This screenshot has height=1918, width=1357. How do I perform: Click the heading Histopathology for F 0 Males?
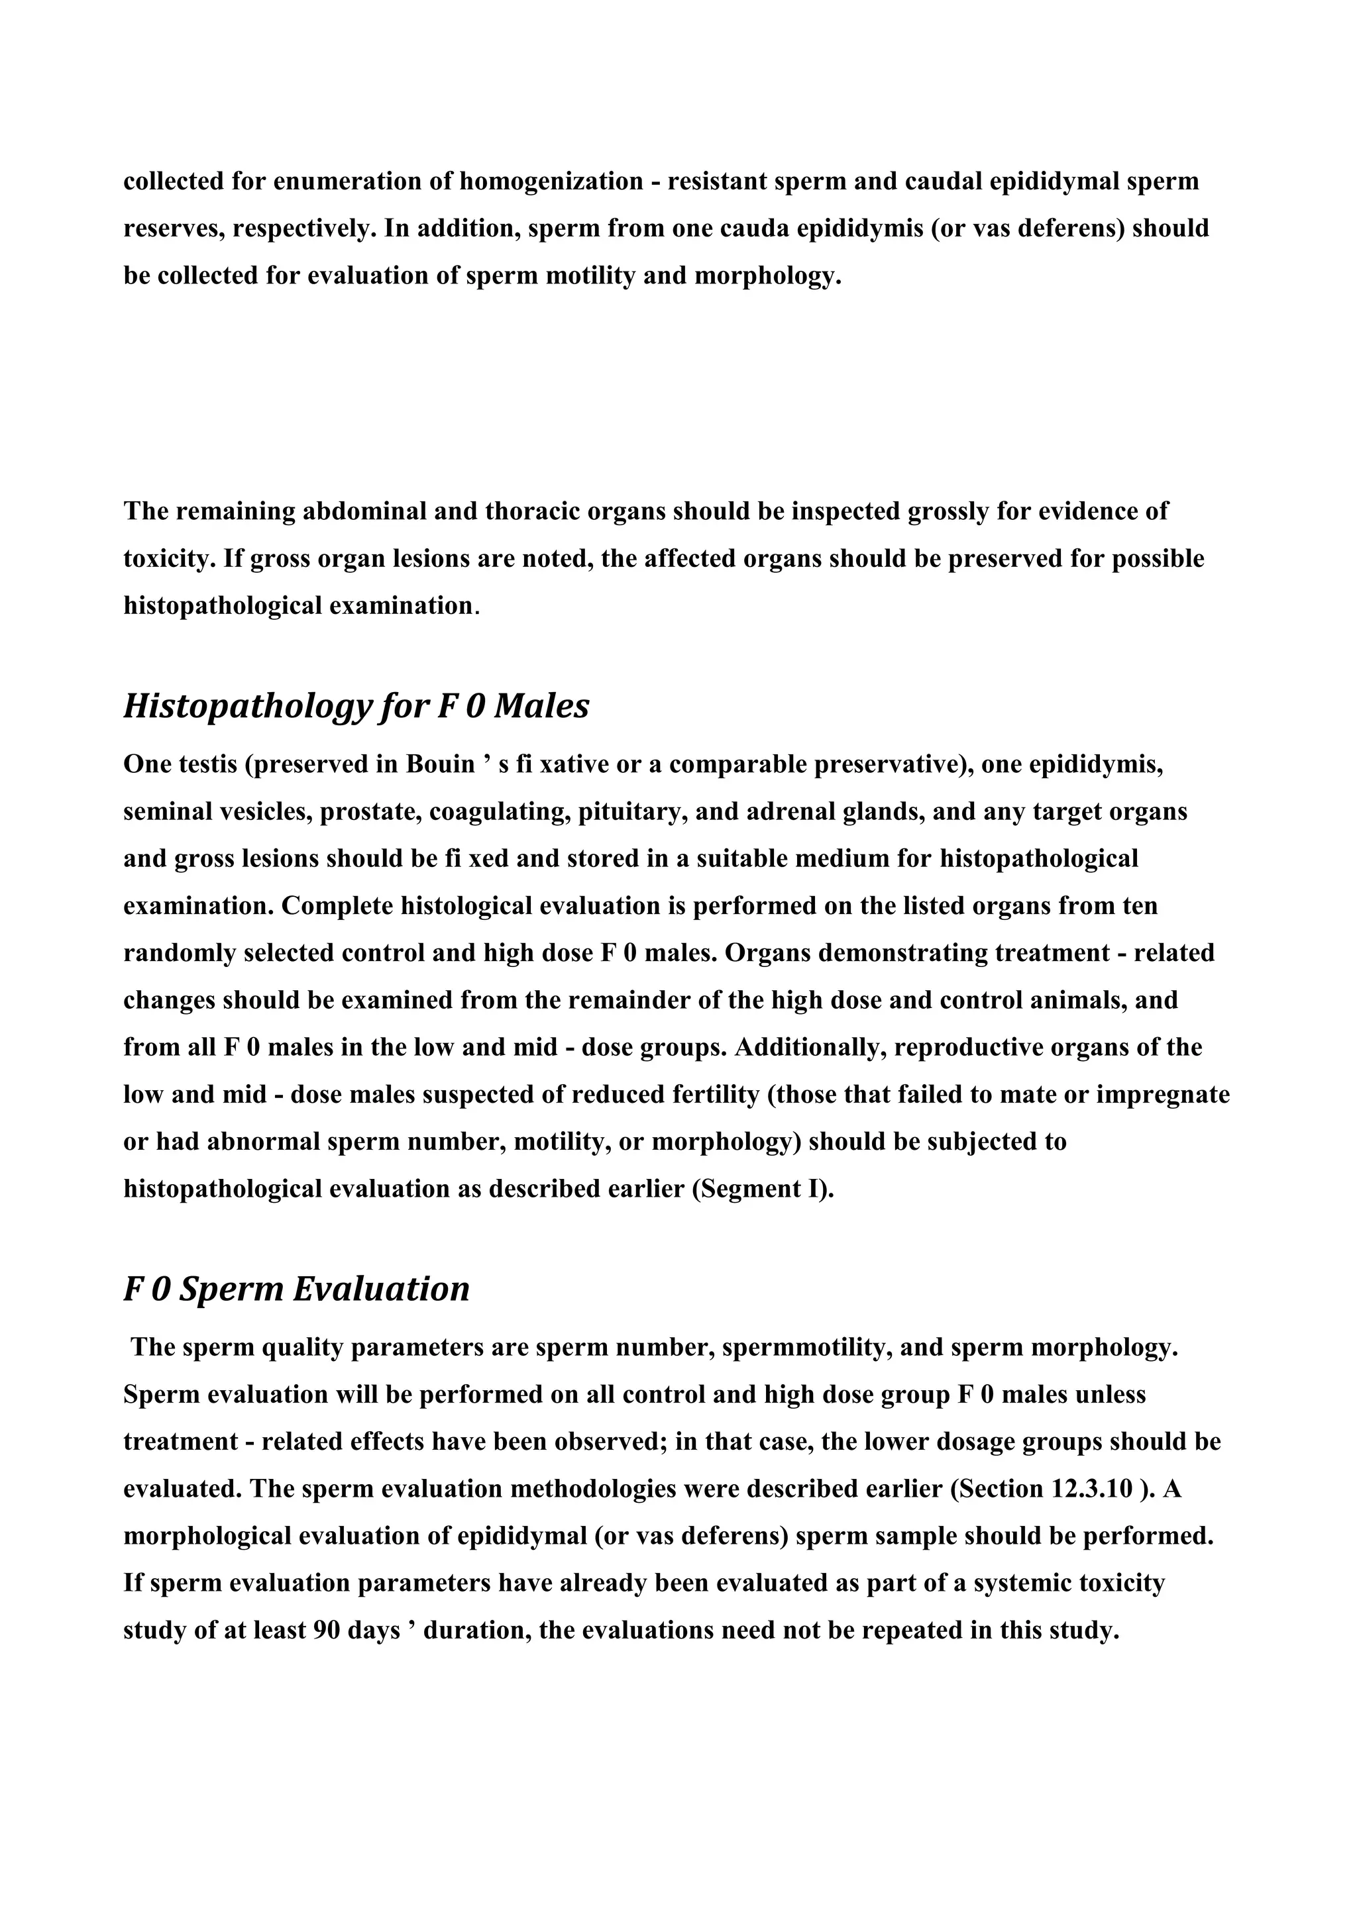[x=356, y=707]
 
